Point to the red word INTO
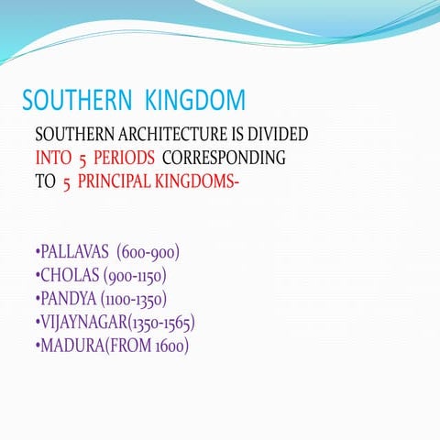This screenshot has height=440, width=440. (54, 158)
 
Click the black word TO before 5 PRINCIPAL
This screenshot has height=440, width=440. (45, 181)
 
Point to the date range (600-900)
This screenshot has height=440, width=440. (148, 252)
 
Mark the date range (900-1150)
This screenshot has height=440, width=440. (136, 275)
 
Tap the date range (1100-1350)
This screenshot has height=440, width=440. (135, 299)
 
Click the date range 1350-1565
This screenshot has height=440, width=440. (163, 323)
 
